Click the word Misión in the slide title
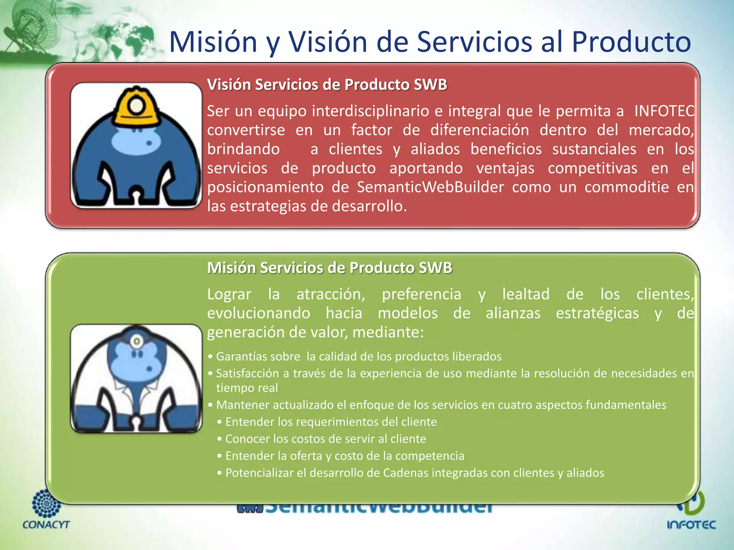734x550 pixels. tap(213, 42)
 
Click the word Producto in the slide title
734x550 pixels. tap(631, 42)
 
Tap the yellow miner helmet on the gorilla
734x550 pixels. tap(137, 107)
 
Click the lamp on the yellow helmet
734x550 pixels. tap(136, 106)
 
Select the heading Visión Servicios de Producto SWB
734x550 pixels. tap(327, 85)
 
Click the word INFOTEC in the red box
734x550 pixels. tap(664, 111)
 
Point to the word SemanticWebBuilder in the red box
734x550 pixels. tap(430, 187)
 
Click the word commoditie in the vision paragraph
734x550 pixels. tap(626, 187)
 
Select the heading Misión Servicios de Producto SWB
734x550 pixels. tap(329, 268)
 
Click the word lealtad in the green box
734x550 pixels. tap(526, 294)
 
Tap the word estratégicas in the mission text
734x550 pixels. tap(597, 313)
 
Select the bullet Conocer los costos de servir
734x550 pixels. tap(325, 439)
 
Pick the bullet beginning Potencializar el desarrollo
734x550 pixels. tap(414, 473)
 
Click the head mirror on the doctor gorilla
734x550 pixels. tap(137, 341)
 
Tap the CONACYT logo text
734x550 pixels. tap(46, 525)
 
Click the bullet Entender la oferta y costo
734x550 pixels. tap(344, 456)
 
